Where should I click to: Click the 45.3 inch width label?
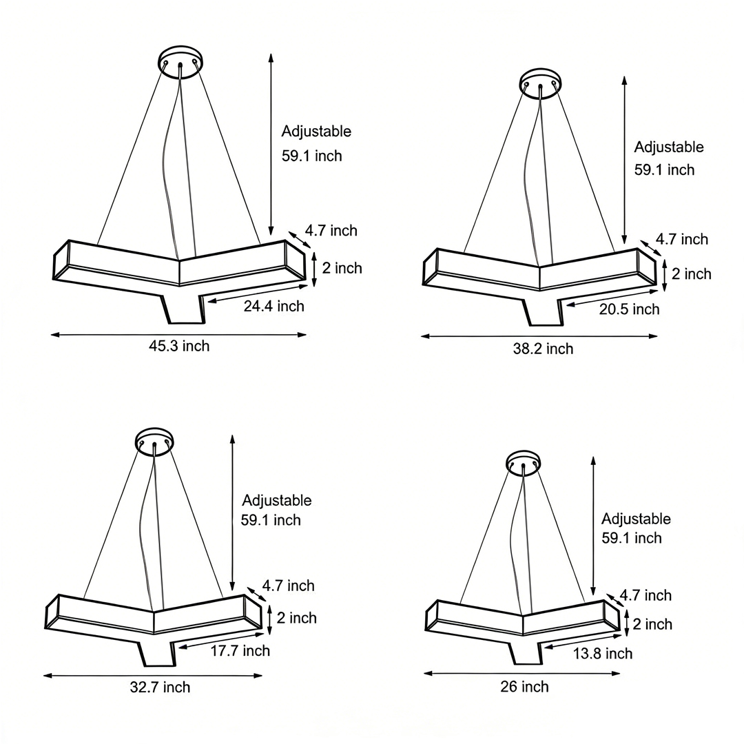(x=179, y=346)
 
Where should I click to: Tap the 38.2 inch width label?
(x=543, y=349)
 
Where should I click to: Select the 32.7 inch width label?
(x=160, y=687)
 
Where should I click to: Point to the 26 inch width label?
(x=525, y=687)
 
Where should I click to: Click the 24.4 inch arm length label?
(x=273, y=306)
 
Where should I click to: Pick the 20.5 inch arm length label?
(x=629, y=309)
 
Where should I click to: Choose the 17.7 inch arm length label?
(x=240, y=650)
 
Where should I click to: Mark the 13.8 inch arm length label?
(x=603, y=653)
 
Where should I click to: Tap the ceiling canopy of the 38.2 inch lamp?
(x=541, y=80)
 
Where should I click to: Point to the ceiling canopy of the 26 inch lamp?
(x=524, y=462)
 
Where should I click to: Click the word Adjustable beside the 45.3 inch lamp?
(x=316, y=132)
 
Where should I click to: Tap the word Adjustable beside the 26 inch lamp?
(x=636, y=519)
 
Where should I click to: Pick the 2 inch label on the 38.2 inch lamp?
(x=692, y=274)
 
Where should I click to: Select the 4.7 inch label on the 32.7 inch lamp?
(x=288, y=586)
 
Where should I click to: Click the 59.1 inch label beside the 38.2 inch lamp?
(x=664, y=169)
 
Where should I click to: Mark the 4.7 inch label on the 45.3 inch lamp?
(x=331, y=231)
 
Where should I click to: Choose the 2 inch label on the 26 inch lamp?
(x=652, y=624)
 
